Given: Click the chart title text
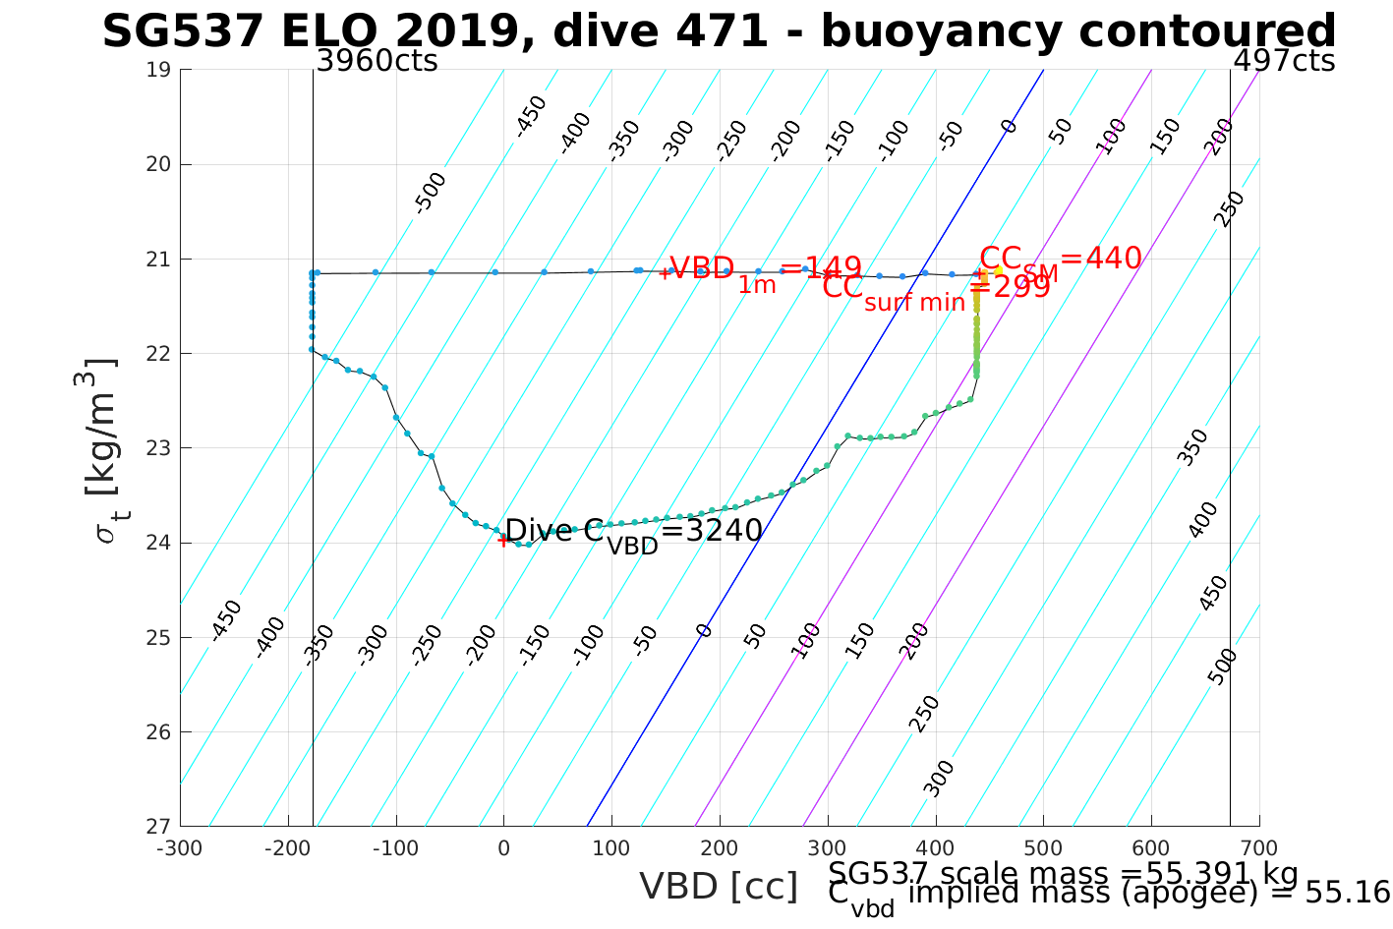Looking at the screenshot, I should click(719, 31).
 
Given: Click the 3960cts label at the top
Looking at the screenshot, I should click(377, 61).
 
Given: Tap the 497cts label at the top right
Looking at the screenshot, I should click(1284, 61).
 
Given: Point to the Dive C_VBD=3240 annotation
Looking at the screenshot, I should click(633, 532).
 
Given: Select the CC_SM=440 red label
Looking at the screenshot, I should click(1061, 261).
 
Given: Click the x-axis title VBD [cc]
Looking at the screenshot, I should click(719, 887).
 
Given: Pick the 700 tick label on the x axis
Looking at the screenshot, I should click(1259, 848).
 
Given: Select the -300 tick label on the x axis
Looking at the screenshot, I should click(180, 848).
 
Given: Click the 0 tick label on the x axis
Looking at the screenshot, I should click(503, 848).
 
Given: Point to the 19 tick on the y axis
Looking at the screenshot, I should click(158, 70).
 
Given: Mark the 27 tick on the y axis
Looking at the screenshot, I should click(158, 826).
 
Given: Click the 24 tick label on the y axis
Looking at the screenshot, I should click(158, 543).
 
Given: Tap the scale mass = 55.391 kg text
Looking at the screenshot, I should click(1063, 873).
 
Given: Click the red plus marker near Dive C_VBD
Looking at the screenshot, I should click(503, 540).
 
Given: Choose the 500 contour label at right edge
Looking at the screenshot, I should click(1223, 667).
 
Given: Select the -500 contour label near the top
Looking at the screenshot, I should click(430, 192).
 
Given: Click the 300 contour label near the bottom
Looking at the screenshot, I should click(940, 777).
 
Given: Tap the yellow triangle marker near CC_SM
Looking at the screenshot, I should click(998, 269).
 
